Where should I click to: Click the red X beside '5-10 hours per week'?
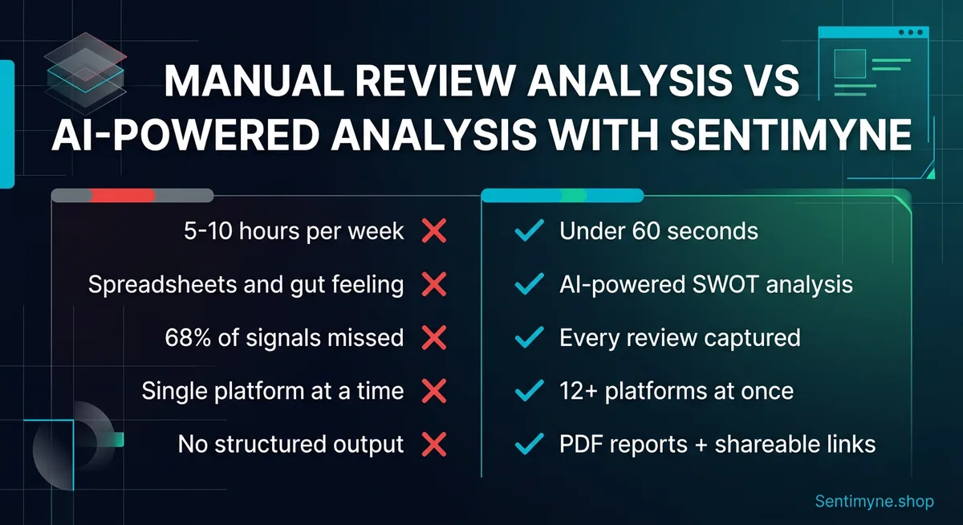433,232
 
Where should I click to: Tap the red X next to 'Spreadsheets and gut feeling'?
433,284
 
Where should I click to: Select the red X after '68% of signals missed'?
433,338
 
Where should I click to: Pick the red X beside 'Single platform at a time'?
433,391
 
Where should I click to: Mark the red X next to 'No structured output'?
433,444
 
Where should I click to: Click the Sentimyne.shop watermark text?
874,502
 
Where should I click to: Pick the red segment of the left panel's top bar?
122,195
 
